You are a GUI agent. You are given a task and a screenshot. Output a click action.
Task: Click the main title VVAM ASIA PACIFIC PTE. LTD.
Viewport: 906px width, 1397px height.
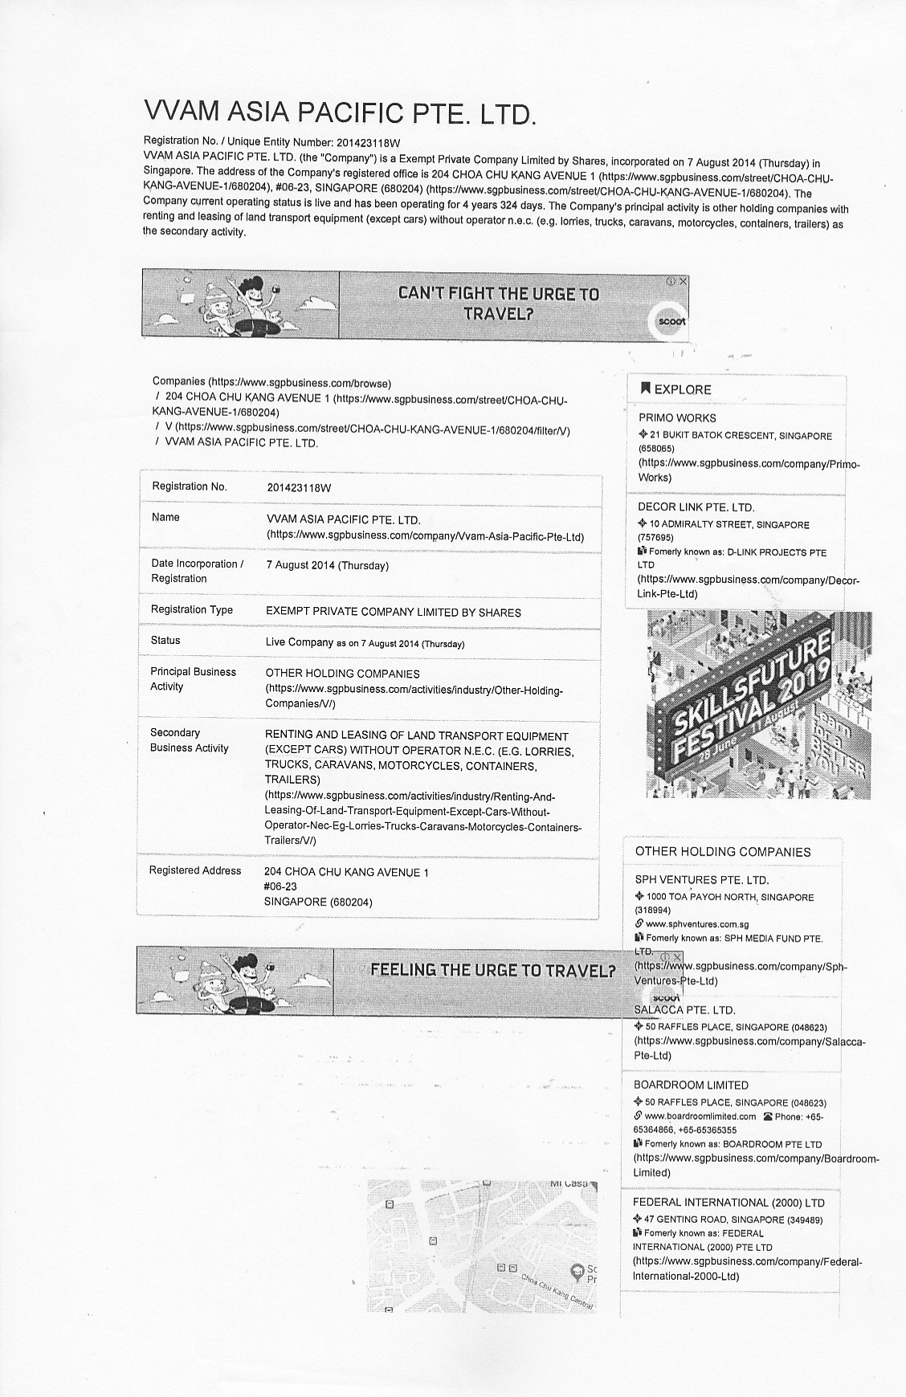coord(339,113)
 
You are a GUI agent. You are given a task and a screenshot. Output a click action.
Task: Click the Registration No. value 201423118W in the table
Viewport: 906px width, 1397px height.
coord(299,487)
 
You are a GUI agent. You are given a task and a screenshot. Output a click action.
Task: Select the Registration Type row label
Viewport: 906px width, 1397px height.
coord(192,610)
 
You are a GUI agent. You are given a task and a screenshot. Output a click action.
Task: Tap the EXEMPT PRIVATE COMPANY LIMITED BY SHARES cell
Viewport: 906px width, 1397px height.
coord(393,613)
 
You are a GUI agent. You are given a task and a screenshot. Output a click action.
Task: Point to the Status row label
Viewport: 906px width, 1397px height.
coord(165,641)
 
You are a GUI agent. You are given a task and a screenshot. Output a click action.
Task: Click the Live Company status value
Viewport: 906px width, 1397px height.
coord(300,642)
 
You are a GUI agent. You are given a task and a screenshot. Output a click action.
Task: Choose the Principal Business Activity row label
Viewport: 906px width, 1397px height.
coord(194,679)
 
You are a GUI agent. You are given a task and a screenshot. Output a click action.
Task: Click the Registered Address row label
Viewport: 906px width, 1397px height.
coord(195,871)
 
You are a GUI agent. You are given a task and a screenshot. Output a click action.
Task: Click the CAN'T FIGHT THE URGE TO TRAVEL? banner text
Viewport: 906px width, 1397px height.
coord(499,303)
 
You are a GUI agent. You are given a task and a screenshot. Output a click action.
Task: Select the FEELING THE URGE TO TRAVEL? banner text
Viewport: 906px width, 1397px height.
coord(492,970)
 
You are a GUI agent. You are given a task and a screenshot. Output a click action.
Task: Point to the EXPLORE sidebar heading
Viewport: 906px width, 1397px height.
coord(682,389)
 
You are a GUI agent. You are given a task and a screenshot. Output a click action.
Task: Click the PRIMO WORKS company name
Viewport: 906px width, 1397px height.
coord(677,418)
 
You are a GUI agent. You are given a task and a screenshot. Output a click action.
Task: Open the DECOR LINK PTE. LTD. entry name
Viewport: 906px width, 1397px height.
coord(696,507)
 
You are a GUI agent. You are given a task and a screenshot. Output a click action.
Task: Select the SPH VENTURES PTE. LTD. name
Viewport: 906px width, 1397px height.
coord(701,880)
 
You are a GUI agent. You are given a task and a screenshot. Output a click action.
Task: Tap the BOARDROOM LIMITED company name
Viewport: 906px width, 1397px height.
coord(691,1085)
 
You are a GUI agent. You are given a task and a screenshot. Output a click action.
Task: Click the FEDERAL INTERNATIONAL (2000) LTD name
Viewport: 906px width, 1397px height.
coord(728,1203)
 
